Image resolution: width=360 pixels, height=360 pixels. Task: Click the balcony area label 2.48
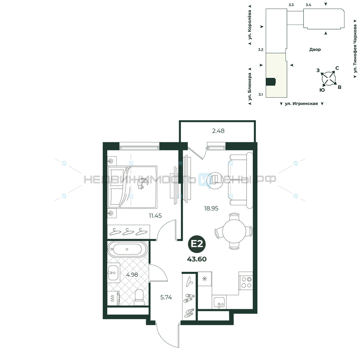[x=218, y=131]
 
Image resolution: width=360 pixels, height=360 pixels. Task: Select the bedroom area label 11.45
[x=155, y=216]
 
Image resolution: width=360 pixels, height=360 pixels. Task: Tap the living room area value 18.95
[x=211, y=208]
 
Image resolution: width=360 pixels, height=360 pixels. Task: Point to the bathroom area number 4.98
[x=132, y=275]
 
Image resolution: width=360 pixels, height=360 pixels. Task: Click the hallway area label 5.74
[x=166, y=298]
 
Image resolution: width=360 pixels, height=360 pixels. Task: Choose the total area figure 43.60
[x=197, y=259]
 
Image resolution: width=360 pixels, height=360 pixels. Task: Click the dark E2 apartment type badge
[x=197, y=244]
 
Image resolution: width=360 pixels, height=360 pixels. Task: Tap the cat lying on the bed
[x=141, y=184]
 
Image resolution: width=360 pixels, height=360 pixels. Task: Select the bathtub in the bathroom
[x=127, y=249]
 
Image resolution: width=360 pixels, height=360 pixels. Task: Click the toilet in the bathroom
[x=139, y=297]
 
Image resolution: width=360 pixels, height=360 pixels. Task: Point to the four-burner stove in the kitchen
[x=246, y=283]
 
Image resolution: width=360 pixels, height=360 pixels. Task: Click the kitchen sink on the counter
[x=219, y=302]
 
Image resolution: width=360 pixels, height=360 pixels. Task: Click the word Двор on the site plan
[x=315, y=49]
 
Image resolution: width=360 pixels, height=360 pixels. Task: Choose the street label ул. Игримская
[x=301, y=104]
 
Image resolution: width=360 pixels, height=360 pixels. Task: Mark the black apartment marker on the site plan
[x=270, y=82]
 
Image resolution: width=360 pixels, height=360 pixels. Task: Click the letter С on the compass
[x=337, y=68]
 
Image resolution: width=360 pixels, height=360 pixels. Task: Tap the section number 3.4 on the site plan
[x=309, y=5]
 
